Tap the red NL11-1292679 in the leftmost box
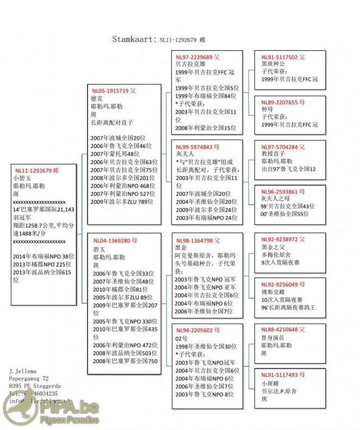[x=33, y=170]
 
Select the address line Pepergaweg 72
[x=29, y=378]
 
